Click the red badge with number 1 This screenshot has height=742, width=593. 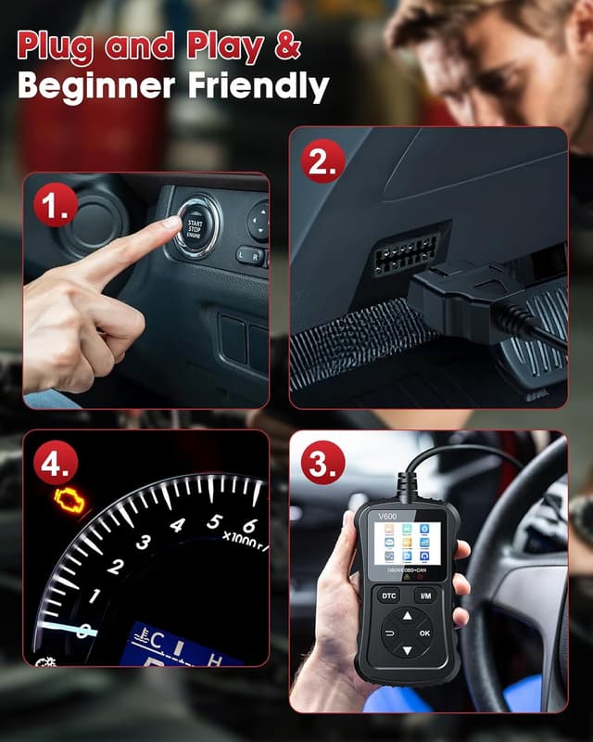click(x=54, y=208)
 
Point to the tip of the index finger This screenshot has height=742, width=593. click(x=172, y=223)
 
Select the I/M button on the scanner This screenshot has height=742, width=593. click(x=425, y=595)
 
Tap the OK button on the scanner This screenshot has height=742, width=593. click(x=424, y=633)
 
